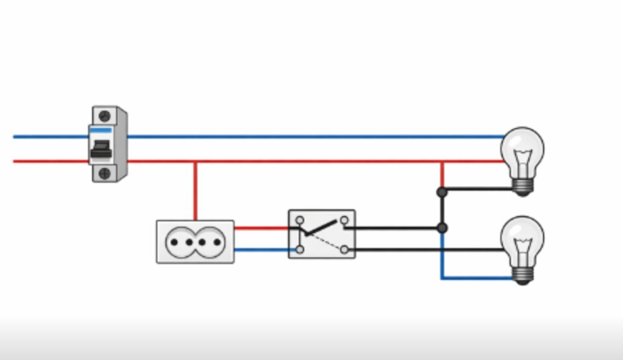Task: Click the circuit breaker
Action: pos(108,144)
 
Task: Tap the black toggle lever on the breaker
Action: pos(100,148)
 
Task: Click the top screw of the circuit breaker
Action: pos(104,116)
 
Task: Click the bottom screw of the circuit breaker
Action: pos(104,173)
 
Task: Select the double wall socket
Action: pos(195,241)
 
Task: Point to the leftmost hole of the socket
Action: pos(173,242)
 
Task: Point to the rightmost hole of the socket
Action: pos(217,242)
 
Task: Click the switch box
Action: pos(322,234)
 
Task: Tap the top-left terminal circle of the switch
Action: pos(300,220)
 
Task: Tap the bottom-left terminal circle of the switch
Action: pos(300,249)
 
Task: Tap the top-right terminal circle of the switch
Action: pos(344,220)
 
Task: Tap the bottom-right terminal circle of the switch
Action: pos(344,249)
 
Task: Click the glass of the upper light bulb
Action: pos(522,149)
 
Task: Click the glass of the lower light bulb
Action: pos(522,238)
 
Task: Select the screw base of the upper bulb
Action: pos(523,186)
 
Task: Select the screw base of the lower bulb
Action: pos(523,275)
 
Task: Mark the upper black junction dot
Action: pos(442,192)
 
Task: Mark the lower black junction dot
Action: pos(442,228)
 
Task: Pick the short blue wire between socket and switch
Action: pos(262,250)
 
